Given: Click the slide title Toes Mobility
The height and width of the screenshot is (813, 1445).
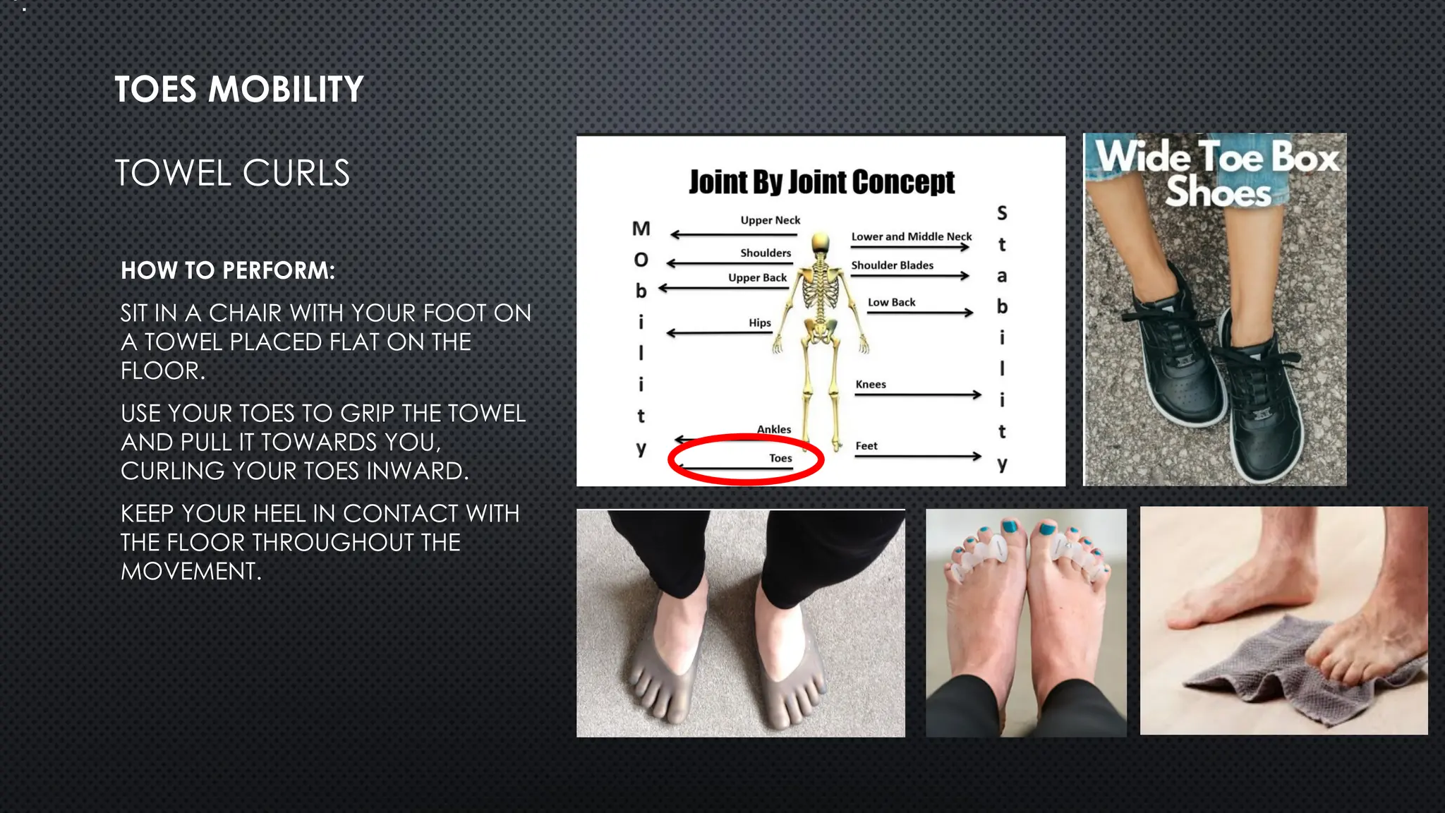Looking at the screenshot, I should [x=238, y=90].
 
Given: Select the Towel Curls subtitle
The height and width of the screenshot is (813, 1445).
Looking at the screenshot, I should [x=232, y=174].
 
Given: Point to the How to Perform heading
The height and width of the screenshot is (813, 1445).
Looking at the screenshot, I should [x=228, y=270].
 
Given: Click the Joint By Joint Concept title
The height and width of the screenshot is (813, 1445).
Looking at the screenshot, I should [x=821, y=182].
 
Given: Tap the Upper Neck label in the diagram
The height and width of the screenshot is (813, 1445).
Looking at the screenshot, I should [x=770, y=220].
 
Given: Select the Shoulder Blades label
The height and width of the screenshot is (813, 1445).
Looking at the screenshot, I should [x=892, y=265].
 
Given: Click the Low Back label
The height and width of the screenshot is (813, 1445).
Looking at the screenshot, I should [x=891, y=302].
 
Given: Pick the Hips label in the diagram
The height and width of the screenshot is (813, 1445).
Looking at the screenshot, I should [x=760, y=323].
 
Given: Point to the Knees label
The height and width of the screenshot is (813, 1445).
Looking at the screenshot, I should [x=871, y=385].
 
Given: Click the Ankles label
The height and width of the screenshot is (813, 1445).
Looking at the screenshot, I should [x=774, y=429].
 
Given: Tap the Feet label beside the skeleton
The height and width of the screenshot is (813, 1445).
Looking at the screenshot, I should [x=866, y=446].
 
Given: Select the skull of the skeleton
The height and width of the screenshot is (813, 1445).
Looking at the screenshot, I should [x=820, y=243].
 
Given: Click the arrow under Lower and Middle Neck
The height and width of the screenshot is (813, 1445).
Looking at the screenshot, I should [x=910, y=247].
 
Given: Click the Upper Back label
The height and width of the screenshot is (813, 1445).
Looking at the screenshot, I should [x=757, y=278].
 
